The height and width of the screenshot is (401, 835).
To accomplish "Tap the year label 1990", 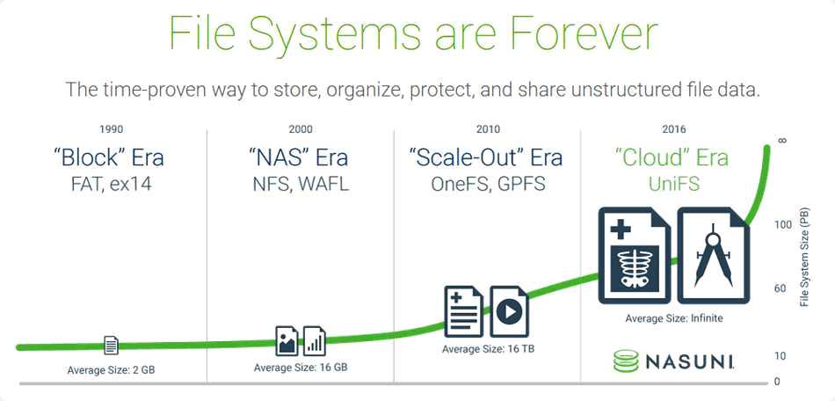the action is coord(112,129).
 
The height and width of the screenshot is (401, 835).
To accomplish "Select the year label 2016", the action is coord(674,129).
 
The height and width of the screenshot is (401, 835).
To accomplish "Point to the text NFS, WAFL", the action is coord(301,184).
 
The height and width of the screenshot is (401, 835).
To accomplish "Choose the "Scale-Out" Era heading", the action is coord(486,157).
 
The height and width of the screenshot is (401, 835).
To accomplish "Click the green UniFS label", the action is coord(674,184).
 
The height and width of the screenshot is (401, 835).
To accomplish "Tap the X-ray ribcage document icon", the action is coord(635,255).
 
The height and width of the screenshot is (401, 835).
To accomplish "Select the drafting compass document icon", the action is coord(713,255).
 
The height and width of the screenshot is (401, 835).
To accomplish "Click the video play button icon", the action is coord(509,311).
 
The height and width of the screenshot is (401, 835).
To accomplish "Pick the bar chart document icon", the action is coord(314,341).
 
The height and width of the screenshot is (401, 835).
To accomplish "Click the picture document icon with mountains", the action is coord(287,341).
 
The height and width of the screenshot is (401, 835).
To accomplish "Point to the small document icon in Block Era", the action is coord(111,346).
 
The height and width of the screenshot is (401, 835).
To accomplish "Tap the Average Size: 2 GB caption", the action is coord(112,369).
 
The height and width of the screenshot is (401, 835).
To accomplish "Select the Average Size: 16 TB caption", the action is coord(489,349).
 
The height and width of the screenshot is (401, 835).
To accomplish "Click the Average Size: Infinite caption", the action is coord(674,318).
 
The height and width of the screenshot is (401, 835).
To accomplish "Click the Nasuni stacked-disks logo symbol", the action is coord(625,361).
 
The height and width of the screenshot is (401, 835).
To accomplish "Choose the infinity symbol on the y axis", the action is coord(782,141).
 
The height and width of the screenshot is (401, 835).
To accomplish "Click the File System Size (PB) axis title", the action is coord(804,256).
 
